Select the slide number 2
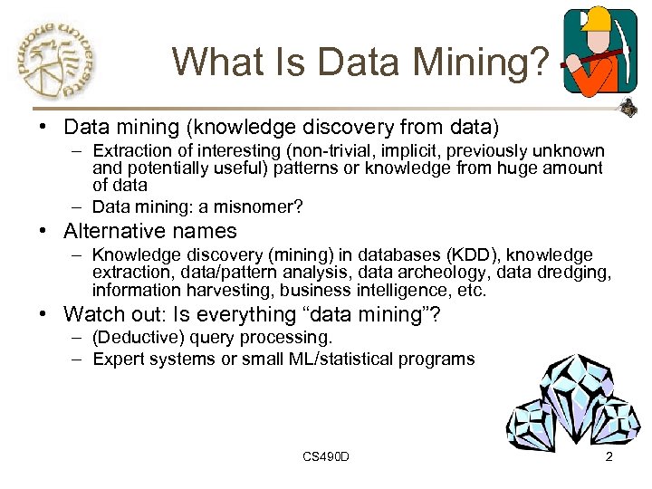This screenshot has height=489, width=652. click(x=609, y=456)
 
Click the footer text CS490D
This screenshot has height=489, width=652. click(x=326, y=456)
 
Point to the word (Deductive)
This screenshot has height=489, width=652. click(x=133, y=338)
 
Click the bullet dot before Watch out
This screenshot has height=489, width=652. click(x=43, y=316)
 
